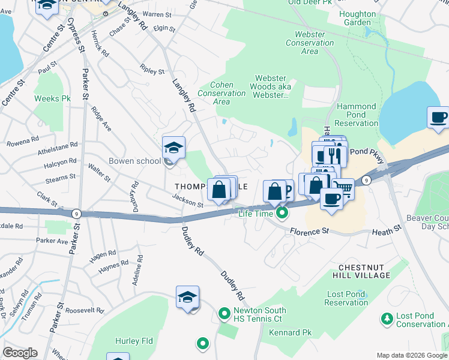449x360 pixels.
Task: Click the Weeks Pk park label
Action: (x=48, y=98)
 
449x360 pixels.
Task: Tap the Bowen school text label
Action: (x=134, y=161)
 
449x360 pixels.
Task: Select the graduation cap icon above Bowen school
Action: (x=173, y=147)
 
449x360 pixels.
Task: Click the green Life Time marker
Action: (x=280, y=212)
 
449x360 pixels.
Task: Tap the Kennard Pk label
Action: (x=291, y=332)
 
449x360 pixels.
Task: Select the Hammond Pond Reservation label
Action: (x=356, y=115)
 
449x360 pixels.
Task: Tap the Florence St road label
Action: (x=310, y=230)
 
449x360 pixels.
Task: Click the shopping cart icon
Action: (x=343, y=188)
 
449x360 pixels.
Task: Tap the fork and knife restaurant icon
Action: (x=335, y=155)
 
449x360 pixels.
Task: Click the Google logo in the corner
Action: (x=20, y=353)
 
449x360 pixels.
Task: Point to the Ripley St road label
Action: (x=152, y=70)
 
